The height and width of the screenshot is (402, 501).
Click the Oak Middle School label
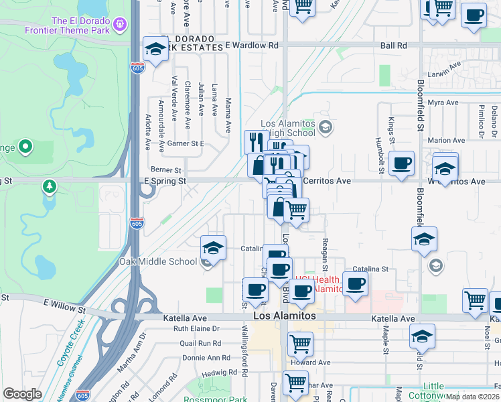tap(158, 261)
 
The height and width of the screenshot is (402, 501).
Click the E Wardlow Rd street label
tap(251, 46)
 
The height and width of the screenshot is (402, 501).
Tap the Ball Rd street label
tap(393, 46)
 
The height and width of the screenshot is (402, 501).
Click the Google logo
tap(22, 394)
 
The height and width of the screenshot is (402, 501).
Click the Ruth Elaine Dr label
tap(196, 329)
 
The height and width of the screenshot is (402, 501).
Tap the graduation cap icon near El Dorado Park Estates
tap(155, 50)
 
